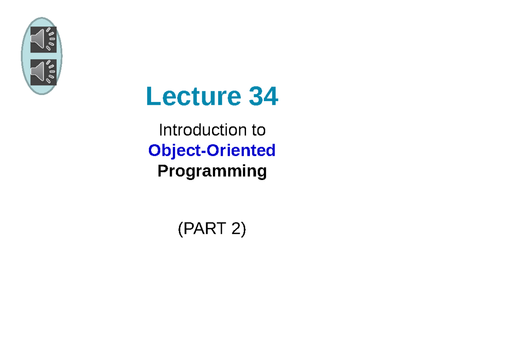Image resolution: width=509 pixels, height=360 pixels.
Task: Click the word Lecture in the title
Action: [193, 96]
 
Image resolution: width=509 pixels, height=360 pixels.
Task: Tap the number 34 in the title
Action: [263, 96]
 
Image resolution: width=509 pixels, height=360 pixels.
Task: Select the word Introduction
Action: [203, 130]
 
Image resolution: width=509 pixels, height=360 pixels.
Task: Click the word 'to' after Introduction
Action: [259, 130]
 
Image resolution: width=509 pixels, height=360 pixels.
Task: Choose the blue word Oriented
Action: [241, 150]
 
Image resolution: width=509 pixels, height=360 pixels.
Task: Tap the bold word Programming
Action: [212, 171]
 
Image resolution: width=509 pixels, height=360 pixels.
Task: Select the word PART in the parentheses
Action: [205, 228]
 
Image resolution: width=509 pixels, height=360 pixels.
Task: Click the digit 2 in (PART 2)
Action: [236, 228]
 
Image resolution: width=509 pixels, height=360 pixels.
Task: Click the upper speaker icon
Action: [43, 39]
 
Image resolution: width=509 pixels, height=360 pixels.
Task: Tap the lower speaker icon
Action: [43, 72]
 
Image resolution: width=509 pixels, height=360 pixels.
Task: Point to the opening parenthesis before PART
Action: [181, 229]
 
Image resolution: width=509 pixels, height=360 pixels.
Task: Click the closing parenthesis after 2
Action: [243, 229]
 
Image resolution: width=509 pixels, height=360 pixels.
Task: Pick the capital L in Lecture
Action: [154, 96]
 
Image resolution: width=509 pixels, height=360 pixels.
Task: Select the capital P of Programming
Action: [163, 171]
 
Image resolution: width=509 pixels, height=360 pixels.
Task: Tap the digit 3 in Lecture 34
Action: [256, 96]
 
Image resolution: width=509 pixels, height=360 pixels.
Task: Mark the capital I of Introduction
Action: [161, 130]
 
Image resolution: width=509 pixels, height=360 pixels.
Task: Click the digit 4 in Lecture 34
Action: [271, 96]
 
